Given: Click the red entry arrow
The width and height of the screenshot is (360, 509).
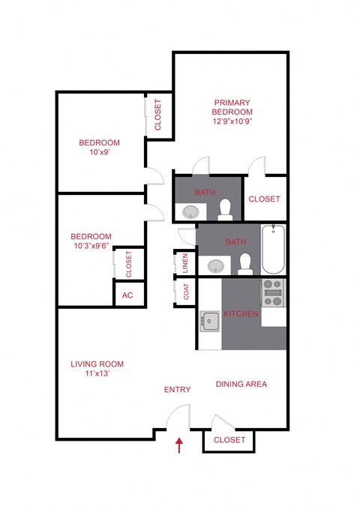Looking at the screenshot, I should tap(178, 446).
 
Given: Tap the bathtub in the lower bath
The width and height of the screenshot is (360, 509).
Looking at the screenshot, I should tap(274, 249).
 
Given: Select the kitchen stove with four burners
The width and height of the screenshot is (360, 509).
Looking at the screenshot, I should tap(274, 292).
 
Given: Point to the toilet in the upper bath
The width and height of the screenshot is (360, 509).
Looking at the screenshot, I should tap(225, 210).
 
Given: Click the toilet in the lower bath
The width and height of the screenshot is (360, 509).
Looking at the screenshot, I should tap(244, 262).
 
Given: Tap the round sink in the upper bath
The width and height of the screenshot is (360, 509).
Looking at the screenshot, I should tap(190, 212).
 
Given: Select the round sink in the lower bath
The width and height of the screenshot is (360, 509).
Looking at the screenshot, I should tap(217, 265).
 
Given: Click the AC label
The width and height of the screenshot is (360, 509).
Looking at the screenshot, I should tap(127, 295).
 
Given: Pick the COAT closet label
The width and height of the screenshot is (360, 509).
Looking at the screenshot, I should tap(187, 291).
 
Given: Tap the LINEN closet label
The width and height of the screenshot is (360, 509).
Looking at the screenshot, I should tap(185, 264).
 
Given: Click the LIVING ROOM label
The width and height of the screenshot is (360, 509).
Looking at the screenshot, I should tap(97, 364).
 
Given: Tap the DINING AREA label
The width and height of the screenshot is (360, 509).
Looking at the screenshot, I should tap(241, 385).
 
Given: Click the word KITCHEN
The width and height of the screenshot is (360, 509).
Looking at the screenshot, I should tap(241, 313).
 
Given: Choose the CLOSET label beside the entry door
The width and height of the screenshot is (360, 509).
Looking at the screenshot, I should tap(229, 440).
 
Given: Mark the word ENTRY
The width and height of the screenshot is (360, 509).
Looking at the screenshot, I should tap(178, 390).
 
